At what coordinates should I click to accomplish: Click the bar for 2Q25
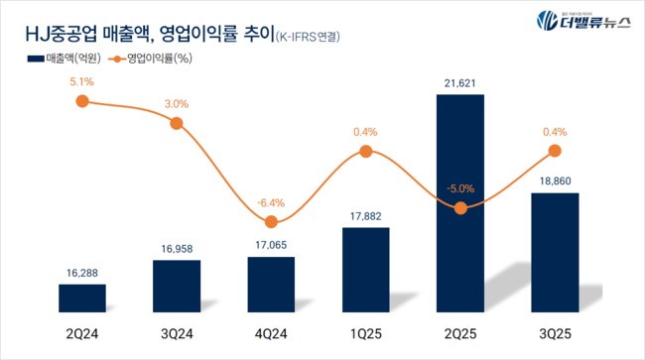click(460, 204)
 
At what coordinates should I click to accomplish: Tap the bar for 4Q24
click(271, 286)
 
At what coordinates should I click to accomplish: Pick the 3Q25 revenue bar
click(555, 254)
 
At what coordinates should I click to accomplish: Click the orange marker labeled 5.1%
click(82, 100)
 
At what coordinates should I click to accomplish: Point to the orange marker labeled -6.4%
click(271, 222)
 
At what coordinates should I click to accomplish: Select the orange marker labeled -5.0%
click(460, 208)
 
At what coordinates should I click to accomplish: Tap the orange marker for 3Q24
click(177, 123)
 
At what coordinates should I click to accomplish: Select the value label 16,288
click(82, 270)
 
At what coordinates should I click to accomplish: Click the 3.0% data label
click(177, 103)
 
